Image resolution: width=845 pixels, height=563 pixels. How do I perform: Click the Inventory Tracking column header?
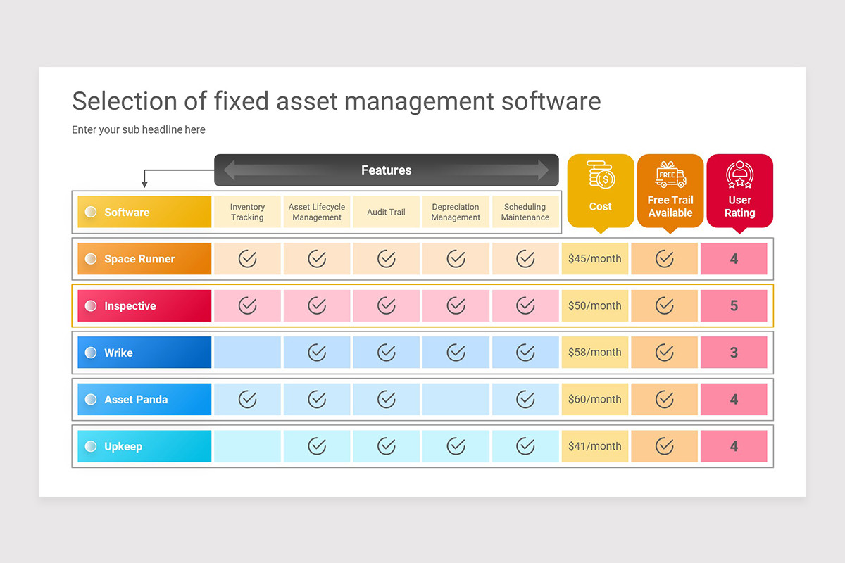[247, 212]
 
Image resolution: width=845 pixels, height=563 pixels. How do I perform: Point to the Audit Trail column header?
[386, 212]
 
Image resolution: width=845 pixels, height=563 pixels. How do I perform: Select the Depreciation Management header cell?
[456, 212]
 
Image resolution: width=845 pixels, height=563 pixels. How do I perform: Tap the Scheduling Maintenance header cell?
[525, 212]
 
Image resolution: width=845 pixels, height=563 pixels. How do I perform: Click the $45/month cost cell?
[594, 259]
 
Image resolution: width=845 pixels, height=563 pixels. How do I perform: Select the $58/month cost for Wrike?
[594, 353]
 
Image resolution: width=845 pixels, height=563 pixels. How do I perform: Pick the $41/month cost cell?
[594, 446]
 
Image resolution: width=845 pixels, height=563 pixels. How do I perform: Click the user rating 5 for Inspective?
[734, 306]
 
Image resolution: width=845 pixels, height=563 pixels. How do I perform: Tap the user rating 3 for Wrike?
[734, 353]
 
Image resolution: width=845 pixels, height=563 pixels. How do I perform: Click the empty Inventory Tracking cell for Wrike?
[247, 353]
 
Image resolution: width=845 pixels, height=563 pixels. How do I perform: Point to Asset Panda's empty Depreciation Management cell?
[456, 399]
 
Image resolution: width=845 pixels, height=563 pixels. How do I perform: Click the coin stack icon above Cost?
[601, 175]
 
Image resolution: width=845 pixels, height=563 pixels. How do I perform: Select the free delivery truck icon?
[670, 175]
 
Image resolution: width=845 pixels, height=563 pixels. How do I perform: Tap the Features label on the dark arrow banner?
[386, 170]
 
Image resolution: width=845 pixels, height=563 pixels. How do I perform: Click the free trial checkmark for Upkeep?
[664, 446]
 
